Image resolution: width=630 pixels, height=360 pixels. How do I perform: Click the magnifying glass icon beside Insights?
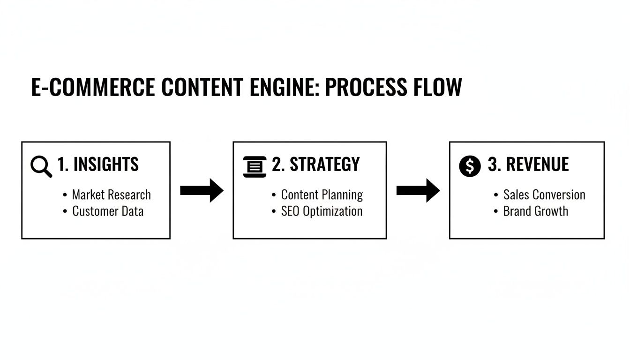coord(41,166)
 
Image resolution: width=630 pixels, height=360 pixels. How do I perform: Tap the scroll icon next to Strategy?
coord(255,166)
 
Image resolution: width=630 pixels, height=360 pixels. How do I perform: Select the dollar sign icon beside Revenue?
coord(470,166)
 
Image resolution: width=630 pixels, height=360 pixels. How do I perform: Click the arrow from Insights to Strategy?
coord(202,190)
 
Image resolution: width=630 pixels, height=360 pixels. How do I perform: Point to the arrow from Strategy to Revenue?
coord(418,190)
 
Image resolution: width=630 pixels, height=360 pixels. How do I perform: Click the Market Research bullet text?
coord(111,195)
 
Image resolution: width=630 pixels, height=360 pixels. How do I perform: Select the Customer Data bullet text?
coord(107,211)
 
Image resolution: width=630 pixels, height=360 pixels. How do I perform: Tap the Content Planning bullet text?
coord(322,195)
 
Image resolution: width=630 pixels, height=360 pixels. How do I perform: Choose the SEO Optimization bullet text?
coord(322,211)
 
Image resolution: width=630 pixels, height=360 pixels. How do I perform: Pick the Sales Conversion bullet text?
coord(544,195)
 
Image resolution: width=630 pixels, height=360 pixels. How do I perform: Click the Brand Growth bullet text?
coord(535,211)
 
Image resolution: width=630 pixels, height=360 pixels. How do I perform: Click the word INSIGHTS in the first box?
coord(106,165)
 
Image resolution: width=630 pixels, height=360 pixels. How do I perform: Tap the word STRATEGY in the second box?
coord(324,165)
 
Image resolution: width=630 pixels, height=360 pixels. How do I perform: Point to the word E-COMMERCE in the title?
coord(93,87)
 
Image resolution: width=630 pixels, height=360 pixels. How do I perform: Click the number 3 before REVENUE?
coord(492,165)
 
